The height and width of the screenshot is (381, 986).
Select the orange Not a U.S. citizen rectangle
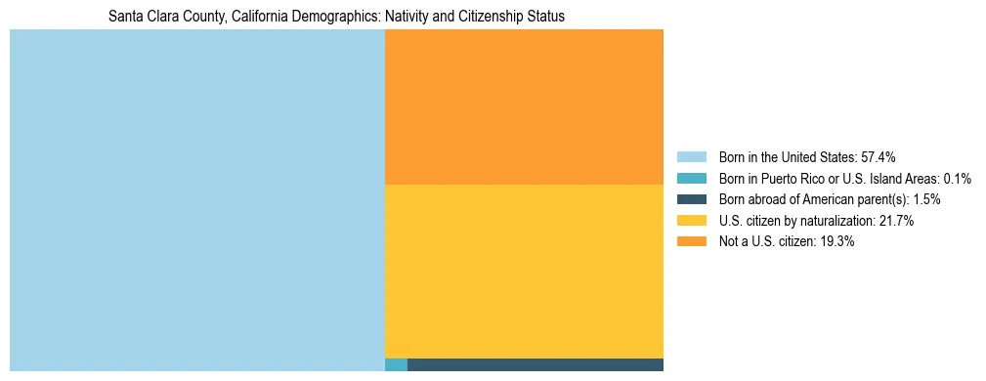(x=524, y=106)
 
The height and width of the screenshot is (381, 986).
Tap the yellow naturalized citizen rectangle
(x=524, y=271)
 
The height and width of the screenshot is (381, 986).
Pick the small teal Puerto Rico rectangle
(x=396, y=365)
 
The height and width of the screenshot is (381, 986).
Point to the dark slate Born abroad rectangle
(x=535, y=365)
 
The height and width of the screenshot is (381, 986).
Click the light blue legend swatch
(x=691, y=156)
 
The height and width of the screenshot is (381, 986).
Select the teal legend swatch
(x=691, y=178)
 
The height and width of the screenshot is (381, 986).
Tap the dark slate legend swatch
(x=691, y=199)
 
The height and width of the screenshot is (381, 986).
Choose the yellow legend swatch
(x=691, y=221)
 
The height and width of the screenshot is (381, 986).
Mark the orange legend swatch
(x=691, y=242)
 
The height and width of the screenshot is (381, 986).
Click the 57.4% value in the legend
(x=878, y=156)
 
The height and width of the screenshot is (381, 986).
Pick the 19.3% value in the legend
(x=836, y=242)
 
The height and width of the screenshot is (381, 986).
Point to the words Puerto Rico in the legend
(x=811, y=178)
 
